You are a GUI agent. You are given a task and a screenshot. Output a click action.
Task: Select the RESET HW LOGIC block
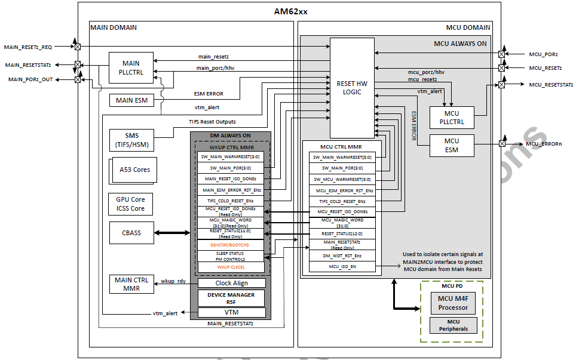tap(352, 88)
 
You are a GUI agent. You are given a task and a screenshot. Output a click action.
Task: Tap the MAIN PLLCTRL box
tap(130, 68)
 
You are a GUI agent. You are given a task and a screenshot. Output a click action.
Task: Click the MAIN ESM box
tap(130, 100)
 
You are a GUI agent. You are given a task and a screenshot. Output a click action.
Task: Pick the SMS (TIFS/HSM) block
tap(130, 140)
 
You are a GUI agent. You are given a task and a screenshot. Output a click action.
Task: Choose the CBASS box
tap(130, 232)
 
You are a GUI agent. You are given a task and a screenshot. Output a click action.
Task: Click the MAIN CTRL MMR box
tap(130, 284)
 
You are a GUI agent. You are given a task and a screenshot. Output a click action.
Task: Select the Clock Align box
tap(231, 283)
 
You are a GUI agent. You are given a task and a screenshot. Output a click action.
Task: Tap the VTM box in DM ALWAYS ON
tap(231, 312)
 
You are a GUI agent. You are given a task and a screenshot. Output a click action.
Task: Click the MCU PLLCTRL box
tap(451, 118)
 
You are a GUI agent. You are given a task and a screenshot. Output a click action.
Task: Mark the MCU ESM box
tap(451, 145)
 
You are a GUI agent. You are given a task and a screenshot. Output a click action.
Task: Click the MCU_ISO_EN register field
tap(343, 266)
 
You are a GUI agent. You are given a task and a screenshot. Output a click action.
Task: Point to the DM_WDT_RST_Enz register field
tap(343, 255)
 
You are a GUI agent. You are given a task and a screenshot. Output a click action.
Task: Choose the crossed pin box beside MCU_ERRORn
tap(503, 143)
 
